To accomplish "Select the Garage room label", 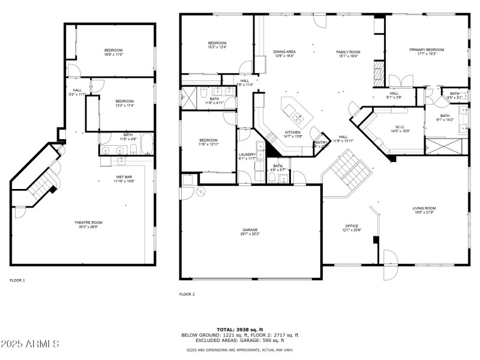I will (251, 231).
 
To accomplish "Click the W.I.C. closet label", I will (400, 128).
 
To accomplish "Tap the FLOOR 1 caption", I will (17, 280).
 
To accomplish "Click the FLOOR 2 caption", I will (187, 294).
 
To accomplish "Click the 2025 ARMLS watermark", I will (30, 344).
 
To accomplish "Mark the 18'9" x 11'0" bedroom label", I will (113, 53).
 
